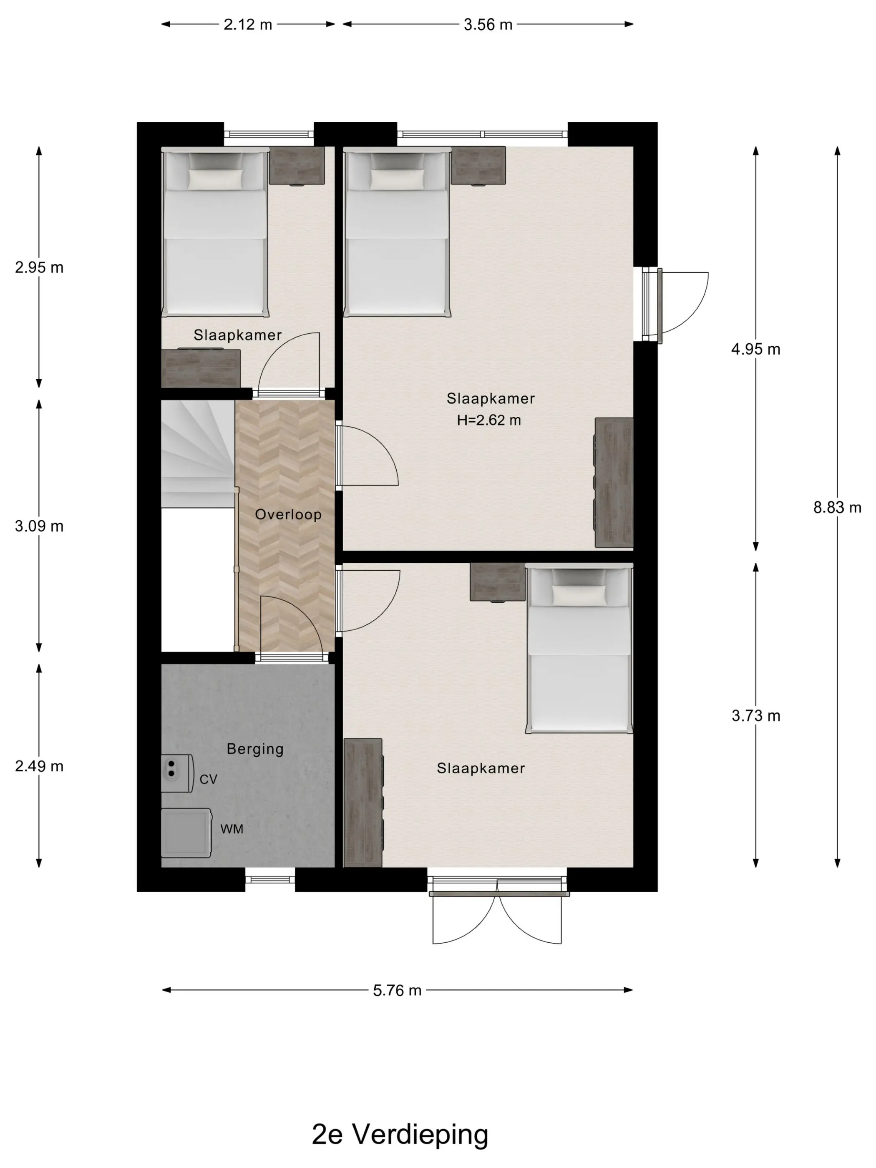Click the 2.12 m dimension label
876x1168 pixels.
coord(248,24)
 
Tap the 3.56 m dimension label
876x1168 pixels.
coord(488,24)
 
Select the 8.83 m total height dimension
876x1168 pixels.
coord(837,507)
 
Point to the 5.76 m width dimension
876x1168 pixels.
coord(397,990)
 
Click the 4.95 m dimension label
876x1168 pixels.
coord(755,349)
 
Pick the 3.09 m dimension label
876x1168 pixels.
coord(39,526)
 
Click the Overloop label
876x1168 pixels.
coord(288,514)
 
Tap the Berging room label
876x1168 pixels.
coord(255,749)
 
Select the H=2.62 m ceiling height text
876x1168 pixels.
coord(489,420)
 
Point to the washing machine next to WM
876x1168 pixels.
coord(186,833)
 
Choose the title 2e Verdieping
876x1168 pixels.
coord(400,1135)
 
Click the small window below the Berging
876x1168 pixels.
coord(270,879)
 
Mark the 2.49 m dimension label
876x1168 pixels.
coord(39,766)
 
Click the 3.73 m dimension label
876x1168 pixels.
coord(755,716)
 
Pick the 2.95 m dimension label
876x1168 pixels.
coord(39,267)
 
